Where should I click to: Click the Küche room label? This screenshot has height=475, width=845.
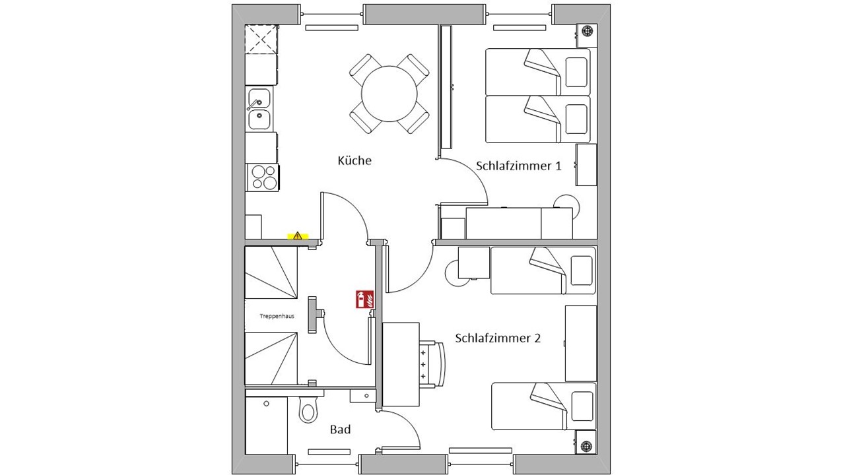point(355,160)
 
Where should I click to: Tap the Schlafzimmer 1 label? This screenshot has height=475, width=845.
point(518,166)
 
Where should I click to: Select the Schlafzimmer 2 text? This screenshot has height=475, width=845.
point(498,338)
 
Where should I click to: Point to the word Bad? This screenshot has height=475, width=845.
point(340,429)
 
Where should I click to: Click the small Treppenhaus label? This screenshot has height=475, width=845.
point(277,316)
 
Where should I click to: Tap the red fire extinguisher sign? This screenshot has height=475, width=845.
point(365,299)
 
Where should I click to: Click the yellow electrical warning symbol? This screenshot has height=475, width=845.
point(298,236)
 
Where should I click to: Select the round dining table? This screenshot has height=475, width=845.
point(389,94)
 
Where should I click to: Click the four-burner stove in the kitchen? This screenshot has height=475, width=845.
point(263,177)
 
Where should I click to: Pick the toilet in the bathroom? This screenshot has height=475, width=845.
point(308,410)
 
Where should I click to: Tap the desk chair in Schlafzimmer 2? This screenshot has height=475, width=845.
point(432,364)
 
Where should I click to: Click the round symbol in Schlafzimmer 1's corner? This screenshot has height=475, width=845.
point(587,30)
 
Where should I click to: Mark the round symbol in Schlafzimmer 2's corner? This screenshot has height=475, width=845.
point(586,447)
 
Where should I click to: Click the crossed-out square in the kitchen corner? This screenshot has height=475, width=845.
point(261,39)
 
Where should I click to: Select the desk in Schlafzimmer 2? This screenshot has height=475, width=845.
point(401,365)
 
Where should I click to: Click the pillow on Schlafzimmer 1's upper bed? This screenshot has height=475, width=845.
point(576,73)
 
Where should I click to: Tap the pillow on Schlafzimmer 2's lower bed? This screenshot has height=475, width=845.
point(582,406)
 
